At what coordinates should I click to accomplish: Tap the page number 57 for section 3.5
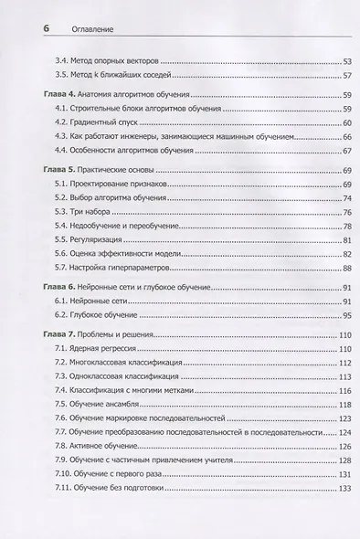pos(322,75)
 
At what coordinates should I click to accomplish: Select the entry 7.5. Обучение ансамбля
pos(101,403)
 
